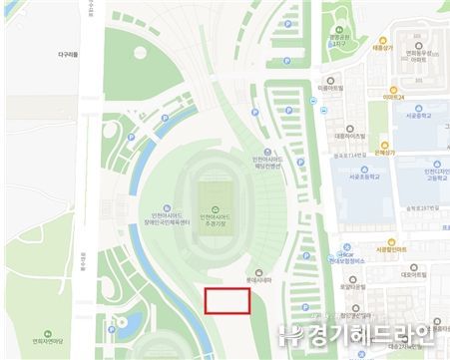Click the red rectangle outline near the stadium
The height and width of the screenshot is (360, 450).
pyautogui.click(x=226, y=301)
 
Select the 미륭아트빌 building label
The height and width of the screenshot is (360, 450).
pyautogui.click(x=335, y=88)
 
